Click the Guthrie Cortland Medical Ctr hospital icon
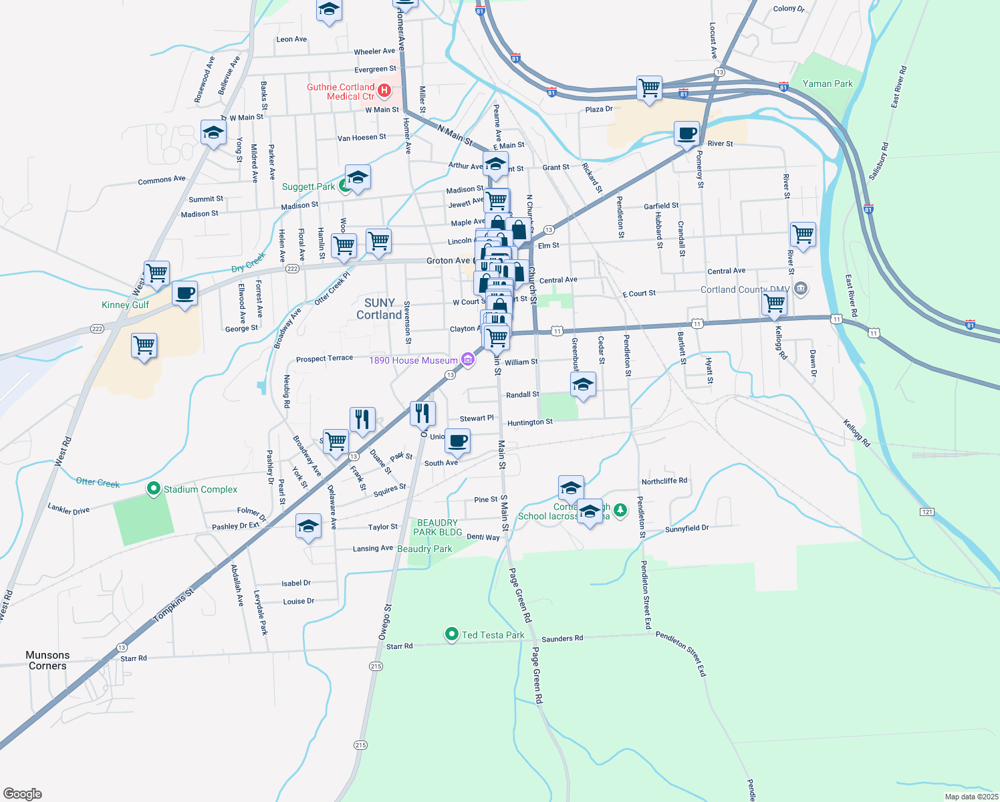384,90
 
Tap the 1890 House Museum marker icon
468,360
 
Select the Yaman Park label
828,84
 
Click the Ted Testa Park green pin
452,634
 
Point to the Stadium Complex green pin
154,489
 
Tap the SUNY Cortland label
379,309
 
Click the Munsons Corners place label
47,660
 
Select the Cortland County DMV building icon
801,289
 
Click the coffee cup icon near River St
686,133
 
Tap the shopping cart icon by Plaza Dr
649,88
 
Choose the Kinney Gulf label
125,305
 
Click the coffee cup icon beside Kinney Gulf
184,293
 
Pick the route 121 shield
926,512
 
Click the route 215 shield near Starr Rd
376,666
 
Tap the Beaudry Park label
424,549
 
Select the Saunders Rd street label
562,638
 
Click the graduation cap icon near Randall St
583,384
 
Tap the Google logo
22,794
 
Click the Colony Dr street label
789,9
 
